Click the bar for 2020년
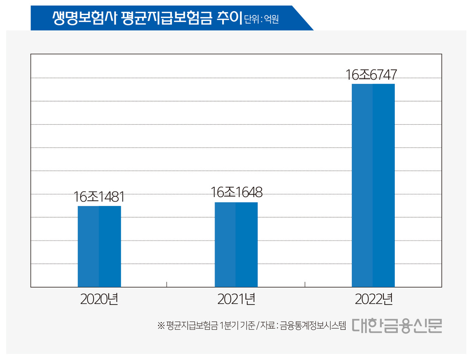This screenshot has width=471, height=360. tap(99, 246)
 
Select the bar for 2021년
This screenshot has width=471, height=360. tap(236, 245)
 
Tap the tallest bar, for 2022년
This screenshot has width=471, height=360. tap(373, 185)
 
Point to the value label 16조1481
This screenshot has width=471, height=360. tap(99, 197)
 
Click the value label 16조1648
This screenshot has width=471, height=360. tap(236, 192)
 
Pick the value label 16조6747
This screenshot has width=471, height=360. tap(371, 75)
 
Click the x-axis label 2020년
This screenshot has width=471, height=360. tap(99, 299)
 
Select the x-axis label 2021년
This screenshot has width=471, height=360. tap(236, 299)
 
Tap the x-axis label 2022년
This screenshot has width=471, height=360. tap(373, 299)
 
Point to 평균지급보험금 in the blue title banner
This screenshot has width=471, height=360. tap(166, 18)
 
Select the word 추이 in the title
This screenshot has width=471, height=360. tap(229, 18)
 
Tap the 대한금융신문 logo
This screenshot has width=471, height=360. tap(397, 326)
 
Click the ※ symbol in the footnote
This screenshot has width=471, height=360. tap(161, 326)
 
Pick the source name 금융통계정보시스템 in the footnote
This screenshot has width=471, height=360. tap(313, 326)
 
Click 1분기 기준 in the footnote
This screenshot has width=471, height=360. tap(237, 326)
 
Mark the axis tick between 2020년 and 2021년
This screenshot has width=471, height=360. tap(167, 284)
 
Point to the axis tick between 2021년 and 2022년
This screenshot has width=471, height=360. tap(305, 284)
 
